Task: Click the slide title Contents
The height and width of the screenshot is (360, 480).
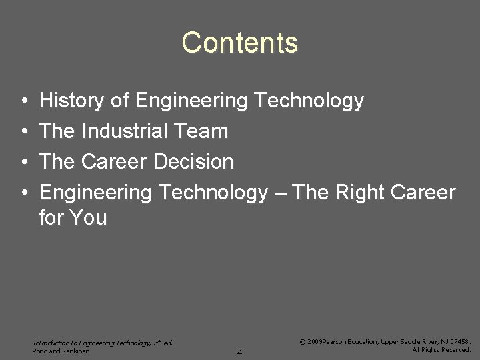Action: (x=239, y=43)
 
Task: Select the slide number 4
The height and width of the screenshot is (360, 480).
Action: (x=240, y=352)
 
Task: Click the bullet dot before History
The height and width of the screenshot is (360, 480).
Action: (x=23, y=101)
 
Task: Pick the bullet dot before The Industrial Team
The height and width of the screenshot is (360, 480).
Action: (x=23, y=132)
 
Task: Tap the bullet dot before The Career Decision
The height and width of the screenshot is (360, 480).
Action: (x=23, y=163)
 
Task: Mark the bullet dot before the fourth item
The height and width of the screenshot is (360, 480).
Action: (x=23, y=193)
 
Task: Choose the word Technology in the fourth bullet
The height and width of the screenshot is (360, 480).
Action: (x=211, y=193)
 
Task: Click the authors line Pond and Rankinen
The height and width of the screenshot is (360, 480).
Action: (x=61, y=351)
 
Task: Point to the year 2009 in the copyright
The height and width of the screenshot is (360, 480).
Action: (x=314, y=341)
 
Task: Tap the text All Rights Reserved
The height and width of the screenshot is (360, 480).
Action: (x=441, y=349)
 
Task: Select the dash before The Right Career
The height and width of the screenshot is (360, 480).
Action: (x=280, y=193)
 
